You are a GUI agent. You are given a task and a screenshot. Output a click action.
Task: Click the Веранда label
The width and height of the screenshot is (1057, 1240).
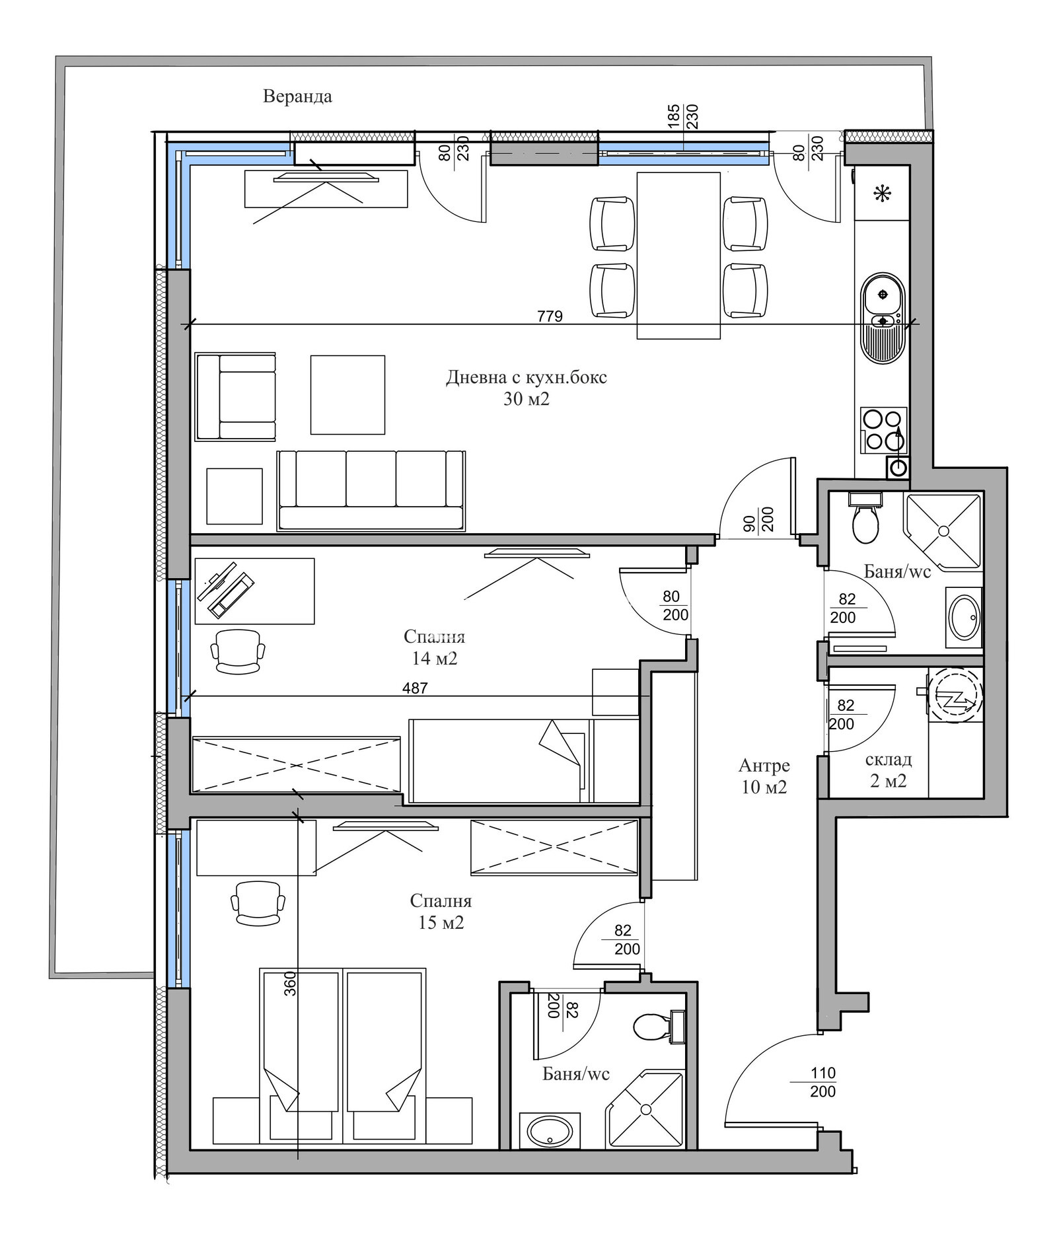click(297, 96)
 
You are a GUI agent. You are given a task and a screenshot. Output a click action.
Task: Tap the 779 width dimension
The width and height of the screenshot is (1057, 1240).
click(550, 316)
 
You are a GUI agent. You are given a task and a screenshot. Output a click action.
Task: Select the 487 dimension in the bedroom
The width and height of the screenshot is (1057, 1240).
click(415, 688)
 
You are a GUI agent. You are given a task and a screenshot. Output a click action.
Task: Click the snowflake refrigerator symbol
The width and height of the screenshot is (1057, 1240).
click(882, 194)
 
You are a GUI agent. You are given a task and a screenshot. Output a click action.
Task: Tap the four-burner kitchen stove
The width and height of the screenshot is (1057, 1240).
click(883, 430)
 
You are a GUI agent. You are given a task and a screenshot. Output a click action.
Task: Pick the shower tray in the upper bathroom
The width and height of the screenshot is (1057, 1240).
click(943, 530)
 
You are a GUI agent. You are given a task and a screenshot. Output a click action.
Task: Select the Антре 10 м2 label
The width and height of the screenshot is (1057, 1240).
click(764, 776)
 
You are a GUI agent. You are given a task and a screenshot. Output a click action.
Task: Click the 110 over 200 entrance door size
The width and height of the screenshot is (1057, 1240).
click(823, 1082)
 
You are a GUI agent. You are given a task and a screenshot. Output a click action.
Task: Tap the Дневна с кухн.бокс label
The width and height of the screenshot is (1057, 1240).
click(527, 377)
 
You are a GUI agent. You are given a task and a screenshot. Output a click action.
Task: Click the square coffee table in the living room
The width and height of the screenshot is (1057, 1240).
click(347, 395)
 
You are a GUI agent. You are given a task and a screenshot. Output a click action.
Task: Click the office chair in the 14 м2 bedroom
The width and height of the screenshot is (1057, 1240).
click(238, 651)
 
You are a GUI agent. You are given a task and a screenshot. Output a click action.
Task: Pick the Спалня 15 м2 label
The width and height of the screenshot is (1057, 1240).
click(441, 911)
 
